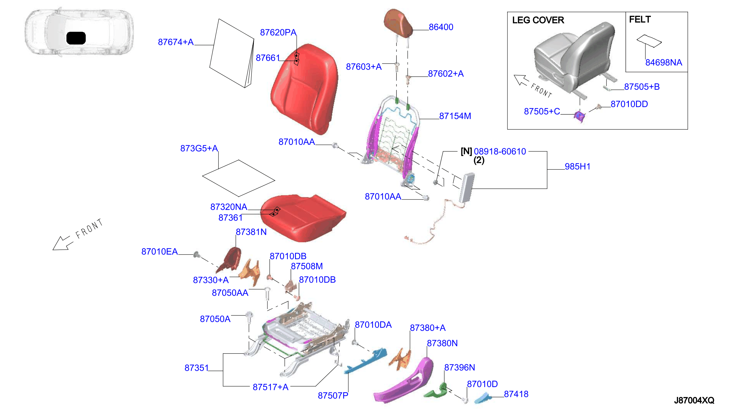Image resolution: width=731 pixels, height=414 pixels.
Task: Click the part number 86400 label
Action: point(441,27)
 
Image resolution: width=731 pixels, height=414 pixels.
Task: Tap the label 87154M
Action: point(455,116)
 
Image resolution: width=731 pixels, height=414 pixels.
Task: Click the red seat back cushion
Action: point(304,88)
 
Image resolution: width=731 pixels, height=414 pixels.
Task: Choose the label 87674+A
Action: point(176,42)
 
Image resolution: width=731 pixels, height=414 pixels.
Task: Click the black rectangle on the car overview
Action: point(76,38)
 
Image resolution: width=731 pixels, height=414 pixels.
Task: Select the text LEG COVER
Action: point(538,20)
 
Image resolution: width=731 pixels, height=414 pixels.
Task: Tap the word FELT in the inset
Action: point(640,19)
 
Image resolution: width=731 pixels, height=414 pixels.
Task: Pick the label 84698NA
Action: point(663,62)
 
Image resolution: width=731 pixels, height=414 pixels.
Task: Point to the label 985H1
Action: point(577,167)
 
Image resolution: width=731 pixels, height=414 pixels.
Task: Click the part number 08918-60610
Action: point(500,151)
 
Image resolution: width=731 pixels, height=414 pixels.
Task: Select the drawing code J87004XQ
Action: point(694,400)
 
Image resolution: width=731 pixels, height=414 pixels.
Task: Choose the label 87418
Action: point(516,394)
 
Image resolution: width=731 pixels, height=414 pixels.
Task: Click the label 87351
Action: point(196,368)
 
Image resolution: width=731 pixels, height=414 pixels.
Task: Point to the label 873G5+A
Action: point(199,148)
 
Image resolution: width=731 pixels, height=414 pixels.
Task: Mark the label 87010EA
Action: point(159,252)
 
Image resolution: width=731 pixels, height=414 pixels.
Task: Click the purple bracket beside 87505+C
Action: point(579,116)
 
